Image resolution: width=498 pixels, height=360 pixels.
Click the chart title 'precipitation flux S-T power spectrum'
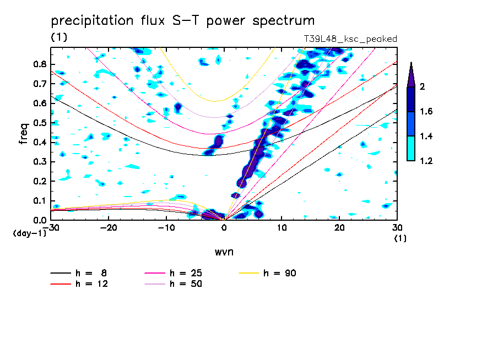[x=182, y=21]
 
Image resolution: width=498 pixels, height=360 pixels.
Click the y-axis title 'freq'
[x=24, y=134]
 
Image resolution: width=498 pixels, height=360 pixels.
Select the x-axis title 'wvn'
[x=224, y=252]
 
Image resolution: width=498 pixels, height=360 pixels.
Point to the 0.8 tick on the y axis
[x=39, y=64]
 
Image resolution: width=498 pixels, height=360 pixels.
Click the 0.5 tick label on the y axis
[x=39, y=123]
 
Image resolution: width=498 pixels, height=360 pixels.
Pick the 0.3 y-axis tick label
[x=39, y=162]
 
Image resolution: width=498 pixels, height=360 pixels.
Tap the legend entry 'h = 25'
[x=185, y=273]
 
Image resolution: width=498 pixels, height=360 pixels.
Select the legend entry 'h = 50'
[x=185, y=284]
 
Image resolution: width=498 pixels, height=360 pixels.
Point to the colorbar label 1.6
[x=426, y=112]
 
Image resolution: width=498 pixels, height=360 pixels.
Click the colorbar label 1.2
[x=426, y=161]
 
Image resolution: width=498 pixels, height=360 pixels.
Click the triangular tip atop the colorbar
[x=411, y=74]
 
